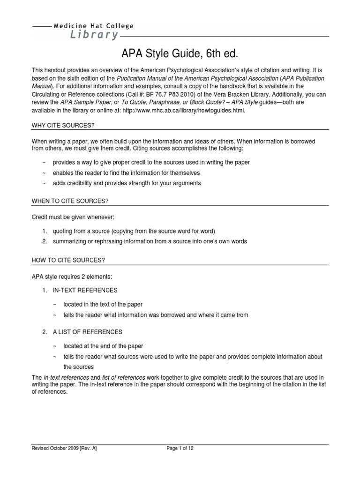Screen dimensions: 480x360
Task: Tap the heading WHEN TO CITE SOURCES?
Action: click(70, 201)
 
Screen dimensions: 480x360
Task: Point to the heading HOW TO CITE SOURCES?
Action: click(67, 260)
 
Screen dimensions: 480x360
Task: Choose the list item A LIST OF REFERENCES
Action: click(87, 332)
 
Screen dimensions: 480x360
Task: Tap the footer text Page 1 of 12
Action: click(180, 448)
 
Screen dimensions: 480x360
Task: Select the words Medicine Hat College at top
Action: click(93, 26)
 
